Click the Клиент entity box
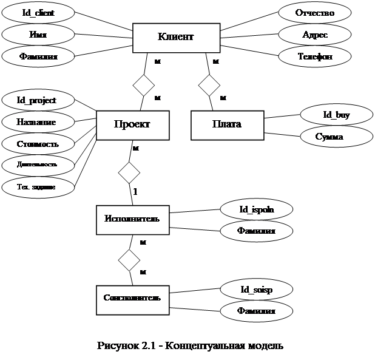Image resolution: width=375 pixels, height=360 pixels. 176,38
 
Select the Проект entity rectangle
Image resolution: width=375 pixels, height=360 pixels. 132,124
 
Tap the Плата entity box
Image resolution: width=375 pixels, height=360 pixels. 227,124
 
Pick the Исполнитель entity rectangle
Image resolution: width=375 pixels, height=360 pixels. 132,219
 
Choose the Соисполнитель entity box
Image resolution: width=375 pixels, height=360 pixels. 132,298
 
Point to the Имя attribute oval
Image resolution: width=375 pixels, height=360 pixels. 38,35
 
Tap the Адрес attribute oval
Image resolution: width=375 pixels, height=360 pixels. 314,35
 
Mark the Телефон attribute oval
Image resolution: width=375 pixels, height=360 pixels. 314,56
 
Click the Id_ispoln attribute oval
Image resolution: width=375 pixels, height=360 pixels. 256,209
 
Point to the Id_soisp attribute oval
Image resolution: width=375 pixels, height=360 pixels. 256,290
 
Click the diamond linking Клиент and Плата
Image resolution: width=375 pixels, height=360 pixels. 209,84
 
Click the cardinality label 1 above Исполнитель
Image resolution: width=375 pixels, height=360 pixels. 135,192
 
